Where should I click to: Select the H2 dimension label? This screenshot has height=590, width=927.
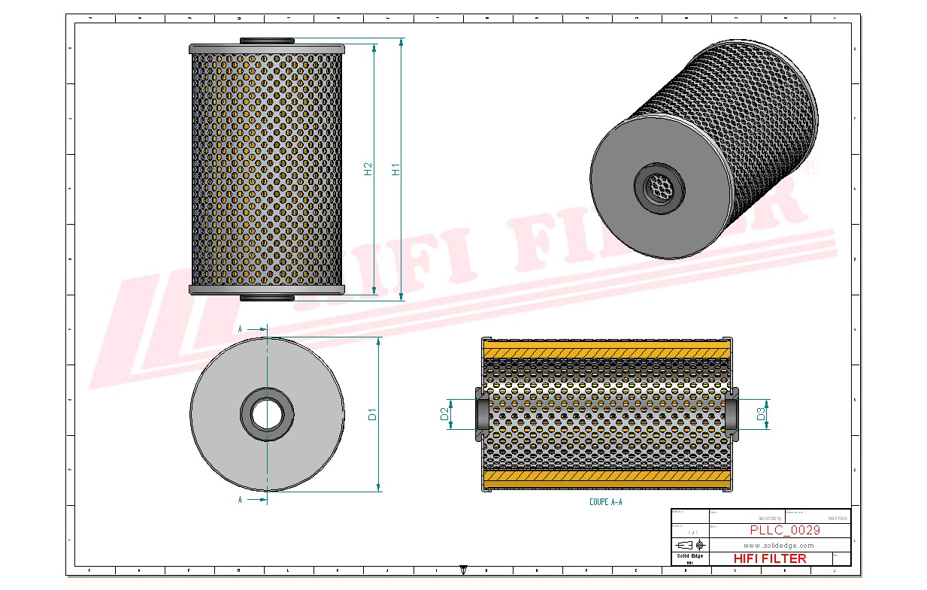coord(368,169)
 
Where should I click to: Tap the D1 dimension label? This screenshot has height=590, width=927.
coord(371,414)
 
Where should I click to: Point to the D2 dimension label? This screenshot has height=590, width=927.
coord(444,413)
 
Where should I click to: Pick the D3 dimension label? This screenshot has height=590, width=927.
coord(761,413)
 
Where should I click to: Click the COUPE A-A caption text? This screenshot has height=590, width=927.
coord(605,501)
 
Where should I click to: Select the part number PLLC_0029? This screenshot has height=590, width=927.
coord(785,530)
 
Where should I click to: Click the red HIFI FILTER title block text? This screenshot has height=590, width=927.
coord(769,558)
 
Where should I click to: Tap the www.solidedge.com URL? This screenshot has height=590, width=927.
coord(779,545)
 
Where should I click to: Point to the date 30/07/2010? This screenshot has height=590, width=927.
coord(769,518)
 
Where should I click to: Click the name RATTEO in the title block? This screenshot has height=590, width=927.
coord(837,518)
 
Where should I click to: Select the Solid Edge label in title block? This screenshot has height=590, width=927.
coord(689,555)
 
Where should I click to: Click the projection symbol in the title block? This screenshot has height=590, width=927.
coord(689,544)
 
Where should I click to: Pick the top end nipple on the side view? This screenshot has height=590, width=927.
coord(267,41)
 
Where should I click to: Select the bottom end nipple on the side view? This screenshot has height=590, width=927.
coord(267,298)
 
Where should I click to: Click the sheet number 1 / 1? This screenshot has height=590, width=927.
coord(689,531)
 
